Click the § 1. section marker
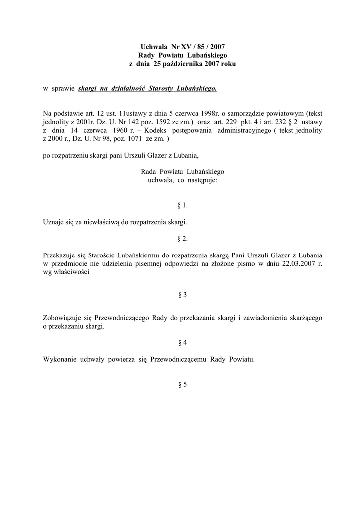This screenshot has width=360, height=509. click(182, 205)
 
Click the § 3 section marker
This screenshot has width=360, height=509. click(182, 295)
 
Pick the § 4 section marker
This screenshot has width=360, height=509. click(182, 342)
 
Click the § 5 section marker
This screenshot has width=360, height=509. click(182, 384)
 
